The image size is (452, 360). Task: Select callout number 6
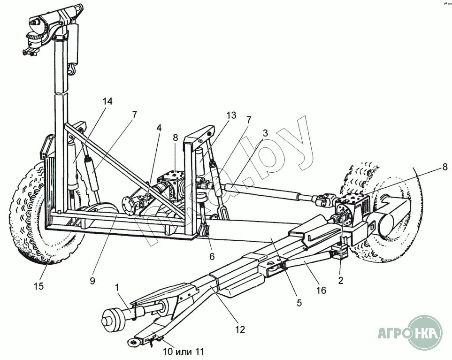212,257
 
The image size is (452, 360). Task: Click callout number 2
341,281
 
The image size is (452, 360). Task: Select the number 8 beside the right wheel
444,166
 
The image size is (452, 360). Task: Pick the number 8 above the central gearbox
175,138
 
